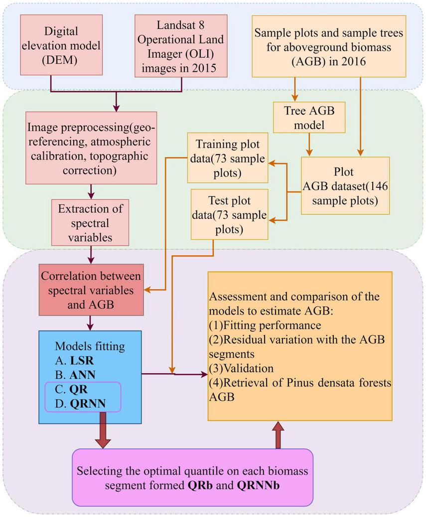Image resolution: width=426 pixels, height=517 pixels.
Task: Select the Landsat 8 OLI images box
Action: point(181,46)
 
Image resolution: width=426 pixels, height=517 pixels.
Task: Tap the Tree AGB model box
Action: point(309,118)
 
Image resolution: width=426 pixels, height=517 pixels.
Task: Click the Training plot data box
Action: point(227,157)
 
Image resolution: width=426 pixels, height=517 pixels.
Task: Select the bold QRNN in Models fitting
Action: point(82,404)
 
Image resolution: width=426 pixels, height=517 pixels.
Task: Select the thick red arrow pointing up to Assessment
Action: point(278,433)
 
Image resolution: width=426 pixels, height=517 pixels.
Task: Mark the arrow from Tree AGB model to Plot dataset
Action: point(309,144)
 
